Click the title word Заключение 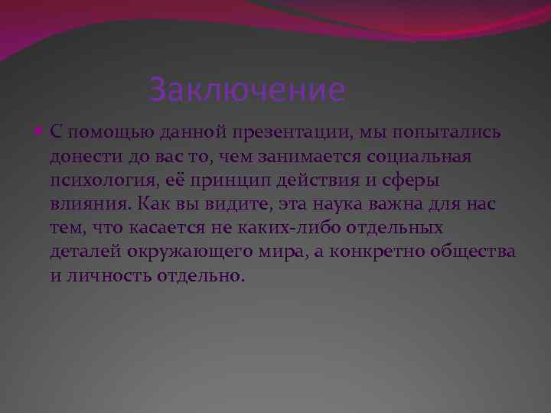click(x=247, y=90)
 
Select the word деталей click(x=83, y=252)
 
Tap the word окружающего click(x=184, y=252)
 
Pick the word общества click(x=481, y=252)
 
